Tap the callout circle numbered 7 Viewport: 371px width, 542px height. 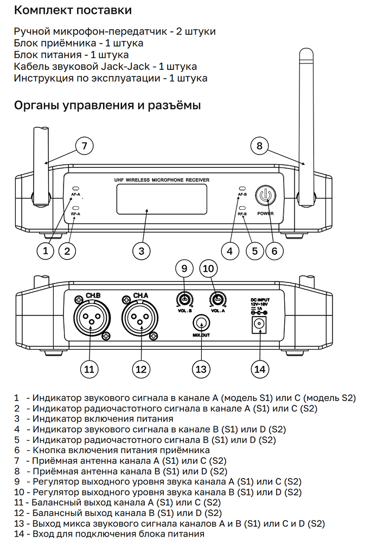coord(84,145)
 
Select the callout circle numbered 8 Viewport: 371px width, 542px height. coord(260,145)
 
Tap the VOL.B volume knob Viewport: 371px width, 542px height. coord(184,300)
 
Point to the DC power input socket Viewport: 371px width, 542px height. coord(260,324)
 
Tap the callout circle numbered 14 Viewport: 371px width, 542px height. coord(260,369)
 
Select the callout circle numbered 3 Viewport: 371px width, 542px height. coord(141,250)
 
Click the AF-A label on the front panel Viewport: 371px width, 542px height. coord(75,194)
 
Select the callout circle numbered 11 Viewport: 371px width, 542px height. coord(89,369)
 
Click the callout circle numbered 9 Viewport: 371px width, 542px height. coord(184,268)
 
